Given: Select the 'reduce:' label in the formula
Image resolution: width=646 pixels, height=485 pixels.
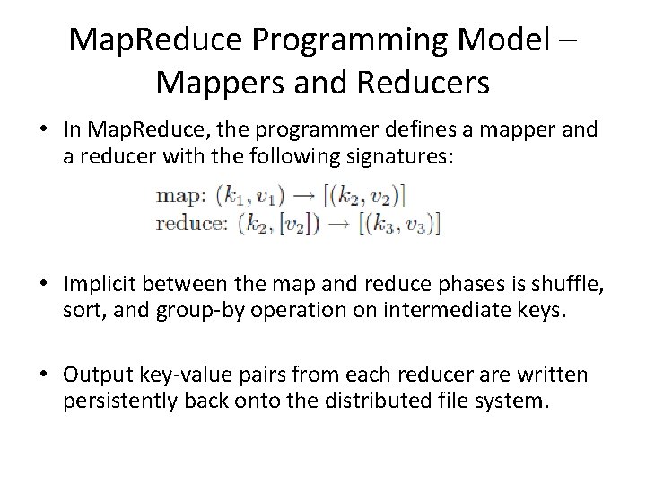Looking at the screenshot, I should (x=191, y=224).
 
